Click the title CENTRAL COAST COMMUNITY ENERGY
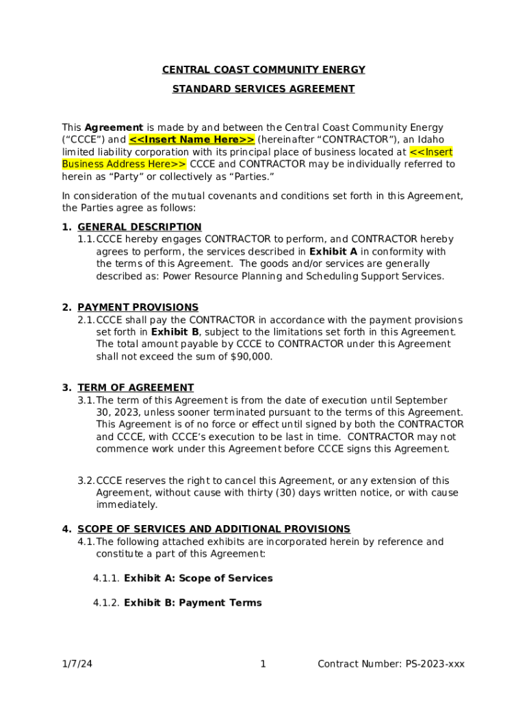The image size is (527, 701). (x=263, y=70)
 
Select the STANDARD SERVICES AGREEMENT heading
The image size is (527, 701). (x=263, y=89)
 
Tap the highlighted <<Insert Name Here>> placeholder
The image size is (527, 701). (x=192, y=140)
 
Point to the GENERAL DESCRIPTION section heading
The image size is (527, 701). (x=140, y=227)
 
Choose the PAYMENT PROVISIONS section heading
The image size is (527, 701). (x=138, y=307)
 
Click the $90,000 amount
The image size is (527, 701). (x=252, y=357)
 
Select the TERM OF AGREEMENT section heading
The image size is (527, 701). (x=136, y=387)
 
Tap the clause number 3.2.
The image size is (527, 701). (x=86, y=481)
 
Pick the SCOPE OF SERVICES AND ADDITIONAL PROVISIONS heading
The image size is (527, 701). (x=214, y=529)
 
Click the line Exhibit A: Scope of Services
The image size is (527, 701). (x=198, y=578)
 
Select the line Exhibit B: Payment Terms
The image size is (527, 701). (x=192, y=603)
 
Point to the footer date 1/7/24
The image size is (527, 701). (x=75, y=664)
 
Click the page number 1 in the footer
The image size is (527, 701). (x=263, y=664)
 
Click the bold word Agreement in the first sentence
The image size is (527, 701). (x=114, y=127)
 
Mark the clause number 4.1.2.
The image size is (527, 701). (x=107, y=603)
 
